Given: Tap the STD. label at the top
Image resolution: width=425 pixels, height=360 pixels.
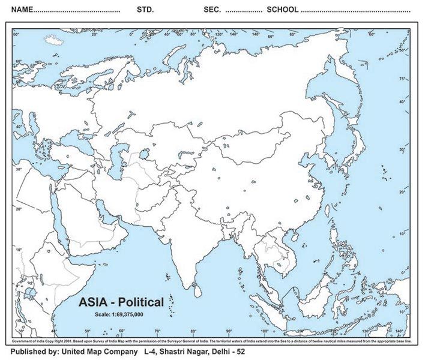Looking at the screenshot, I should point(145,10).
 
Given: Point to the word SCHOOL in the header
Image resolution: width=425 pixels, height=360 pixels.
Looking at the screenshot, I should point(282,10).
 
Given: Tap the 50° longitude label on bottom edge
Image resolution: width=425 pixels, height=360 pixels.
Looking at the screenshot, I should point(88,331).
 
